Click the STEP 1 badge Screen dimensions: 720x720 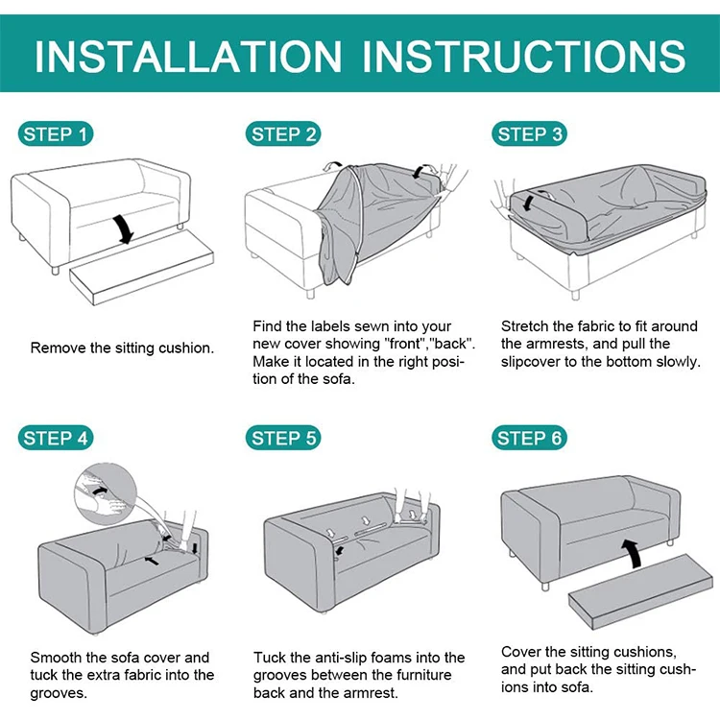56,134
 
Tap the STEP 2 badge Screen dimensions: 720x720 283,134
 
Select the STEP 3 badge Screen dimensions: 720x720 529,134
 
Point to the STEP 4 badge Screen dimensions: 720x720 56,438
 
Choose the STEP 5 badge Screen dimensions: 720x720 283,438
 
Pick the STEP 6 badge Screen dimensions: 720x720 529,438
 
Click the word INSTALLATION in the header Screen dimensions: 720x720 188,57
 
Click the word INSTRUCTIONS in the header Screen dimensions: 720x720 524,57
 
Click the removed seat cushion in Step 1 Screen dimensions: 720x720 142,268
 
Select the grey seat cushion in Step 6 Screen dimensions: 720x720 641,591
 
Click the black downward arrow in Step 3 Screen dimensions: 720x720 529,203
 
